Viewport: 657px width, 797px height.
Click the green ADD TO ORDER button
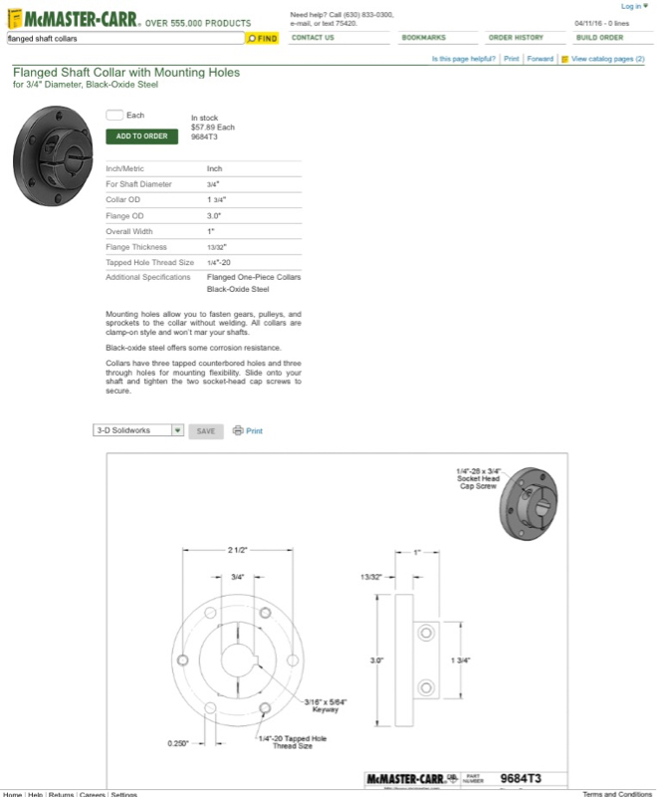pos(141,136)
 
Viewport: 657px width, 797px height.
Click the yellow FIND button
pos(262,38)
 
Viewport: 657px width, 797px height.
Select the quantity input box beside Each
pos(114,116)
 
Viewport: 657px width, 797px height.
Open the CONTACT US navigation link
pos(313,38)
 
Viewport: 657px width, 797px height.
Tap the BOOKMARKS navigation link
pos(423,38)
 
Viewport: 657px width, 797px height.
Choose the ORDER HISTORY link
pos(516,38)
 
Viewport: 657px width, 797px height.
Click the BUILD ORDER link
pos(599,38)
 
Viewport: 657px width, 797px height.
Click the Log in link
pos(631,6)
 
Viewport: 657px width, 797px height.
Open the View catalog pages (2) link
pos(607,59)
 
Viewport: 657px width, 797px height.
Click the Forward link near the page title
pos(541,59)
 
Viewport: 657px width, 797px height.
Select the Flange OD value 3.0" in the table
pos(214,215)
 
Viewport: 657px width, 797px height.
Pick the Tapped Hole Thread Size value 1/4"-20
pos(219,262)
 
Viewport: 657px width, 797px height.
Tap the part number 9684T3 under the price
pos(204,136)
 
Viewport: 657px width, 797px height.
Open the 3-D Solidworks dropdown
pos(138,430)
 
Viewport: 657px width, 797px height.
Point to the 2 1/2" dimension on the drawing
pos(236,550)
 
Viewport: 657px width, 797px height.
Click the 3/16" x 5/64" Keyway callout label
pos(326,705)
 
